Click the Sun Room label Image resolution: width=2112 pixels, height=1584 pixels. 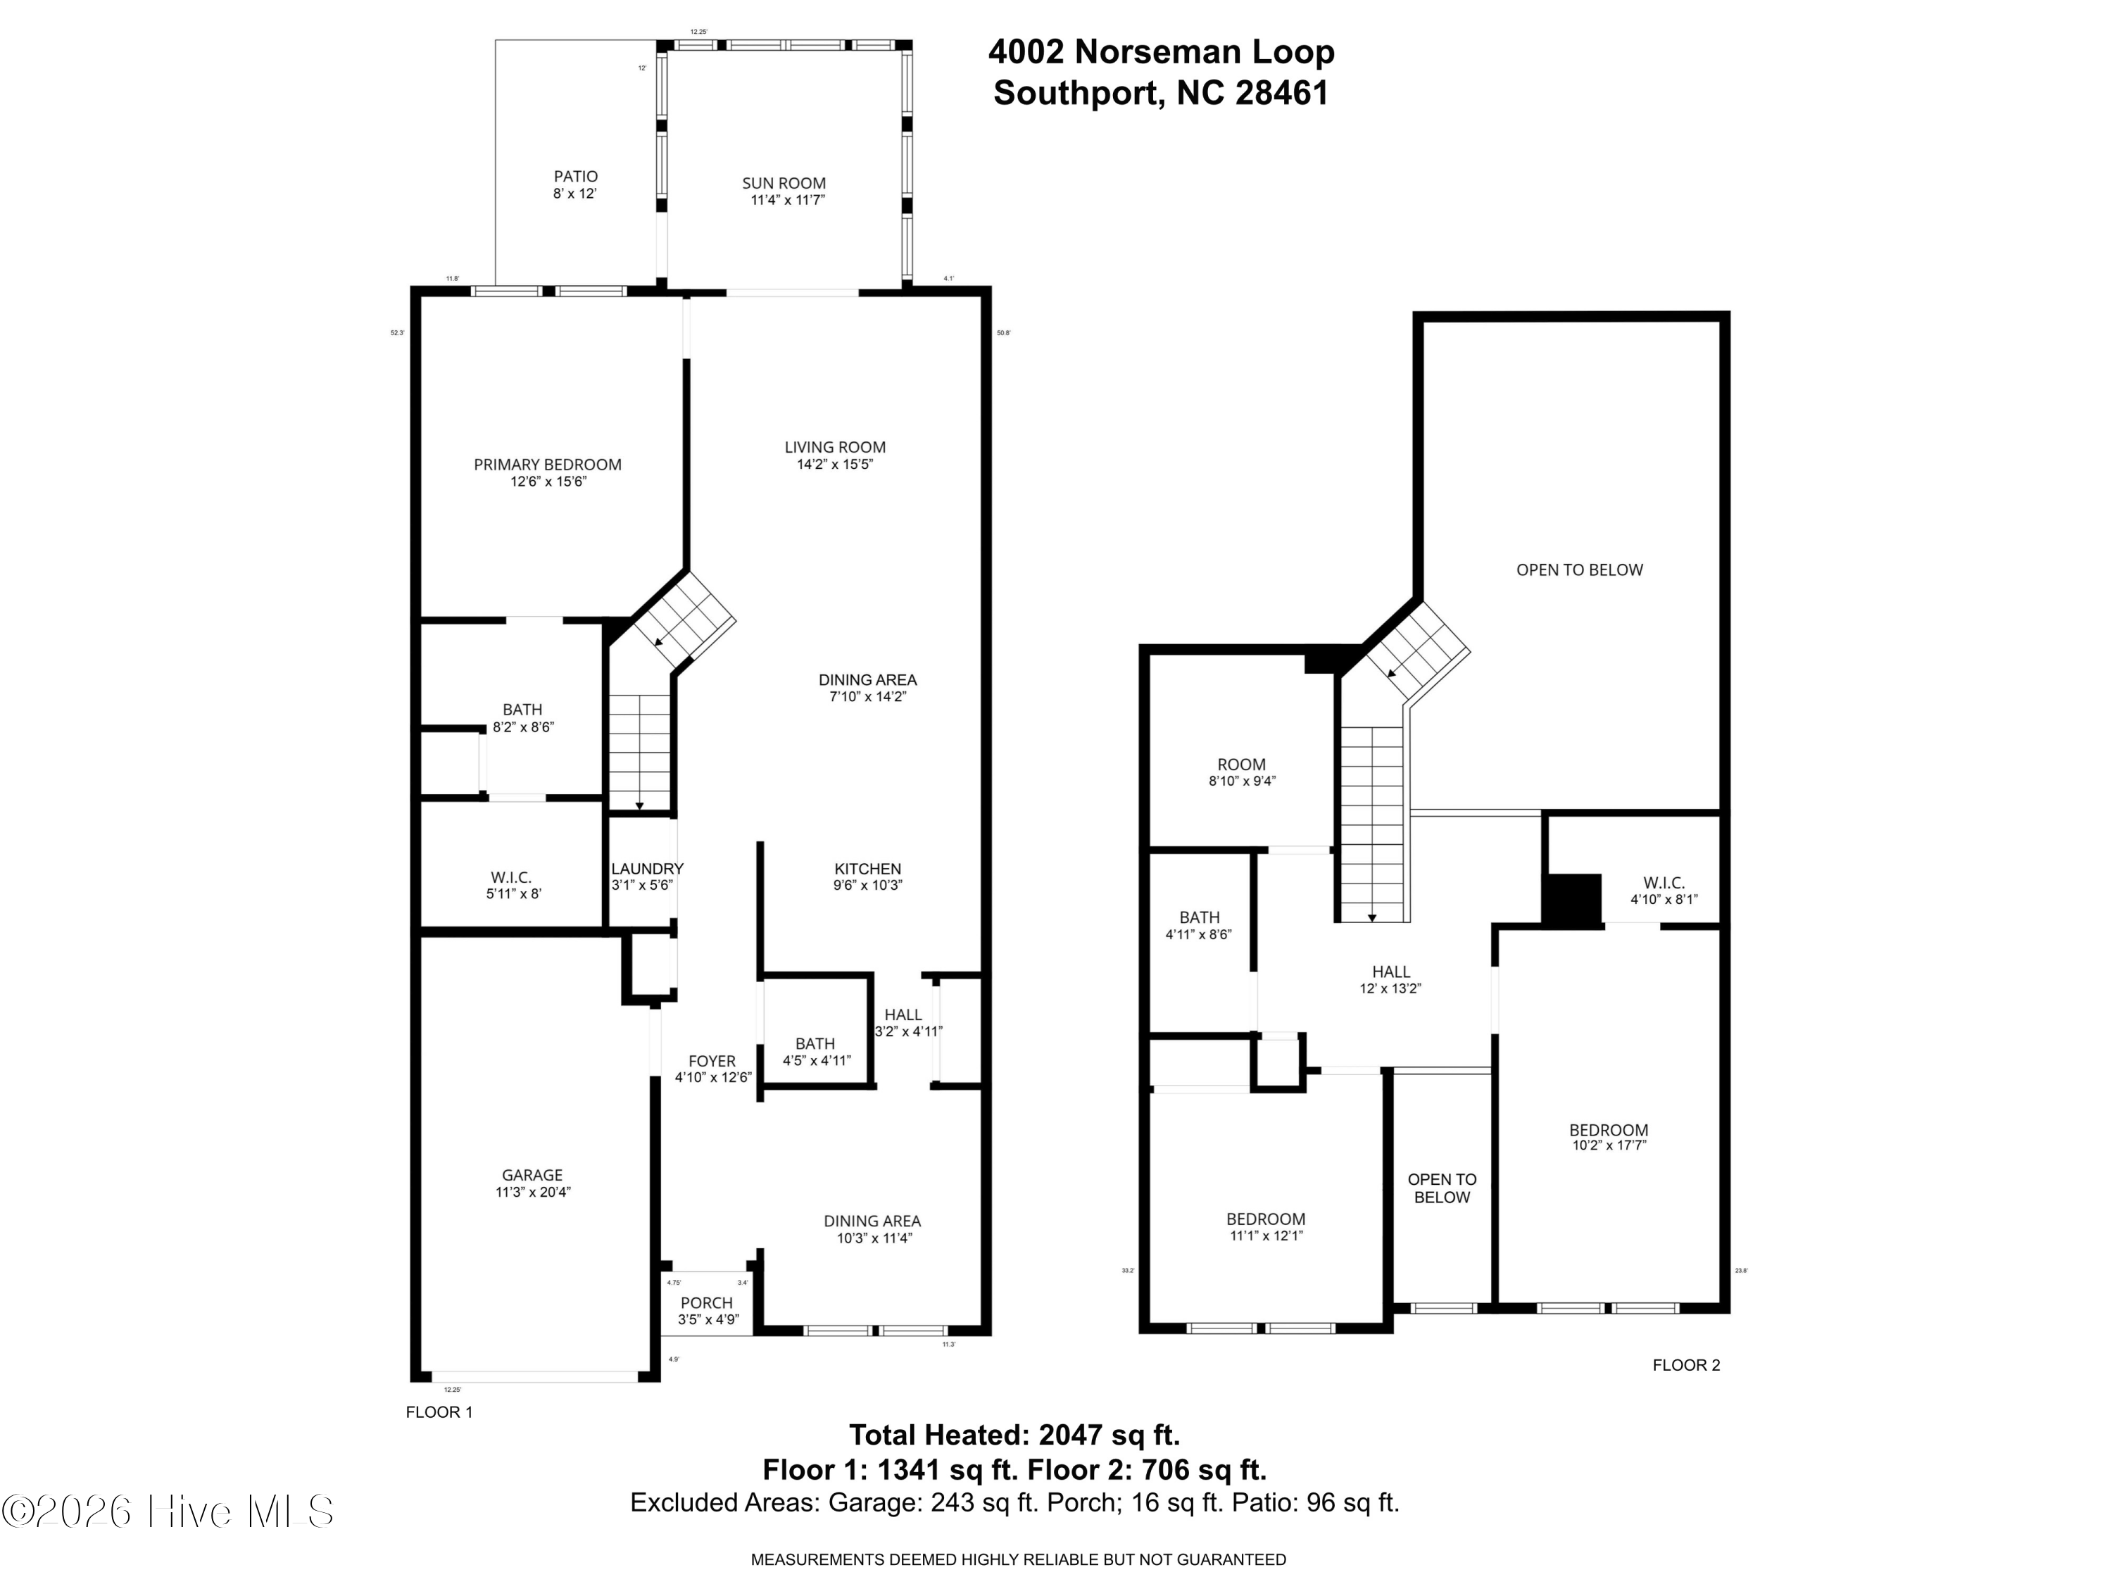[784, 183]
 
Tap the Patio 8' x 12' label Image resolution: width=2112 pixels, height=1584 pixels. [576, 185]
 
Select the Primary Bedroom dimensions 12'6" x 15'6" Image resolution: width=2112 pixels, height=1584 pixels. [548, 482]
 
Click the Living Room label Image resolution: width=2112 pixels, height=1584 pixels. [834, 447]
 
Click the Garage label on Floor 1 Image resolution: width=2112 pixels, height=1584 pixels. [532, 1176]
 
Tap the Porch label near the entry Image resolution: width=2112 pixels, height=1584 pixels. [707, 1303]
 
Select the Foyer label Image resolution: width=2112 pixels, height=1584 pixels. [712, 1061]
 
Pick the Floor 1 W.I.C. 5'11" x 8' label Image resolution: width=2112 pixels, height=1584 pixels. [513, 885]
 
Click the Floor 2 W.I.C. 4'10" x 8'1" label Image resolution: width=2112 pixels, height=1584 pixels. [1664, 891]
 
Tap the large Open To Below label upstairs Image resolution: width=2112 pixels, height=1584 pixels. [1579, 570]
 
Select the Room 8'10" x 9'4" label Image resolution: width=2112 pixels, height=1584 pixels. [1241, 772]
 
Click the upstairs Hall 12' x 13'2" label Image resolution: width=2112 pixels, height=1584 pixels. [1390, 980]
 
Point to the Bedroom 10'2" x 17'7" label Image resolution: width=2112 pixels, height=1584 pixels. [1608, 1137]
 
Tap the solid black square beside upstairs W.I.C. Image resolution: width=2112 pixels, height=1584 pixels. [1571, 900]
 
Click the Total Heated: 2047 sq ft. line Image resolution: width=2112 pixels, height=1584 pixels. [1014, 1435]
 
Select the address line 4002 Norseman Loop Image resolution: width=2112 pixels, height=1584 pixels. [1161, 51]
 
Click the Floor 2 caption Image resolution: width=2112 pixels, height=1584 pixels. [1685, 1365]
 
